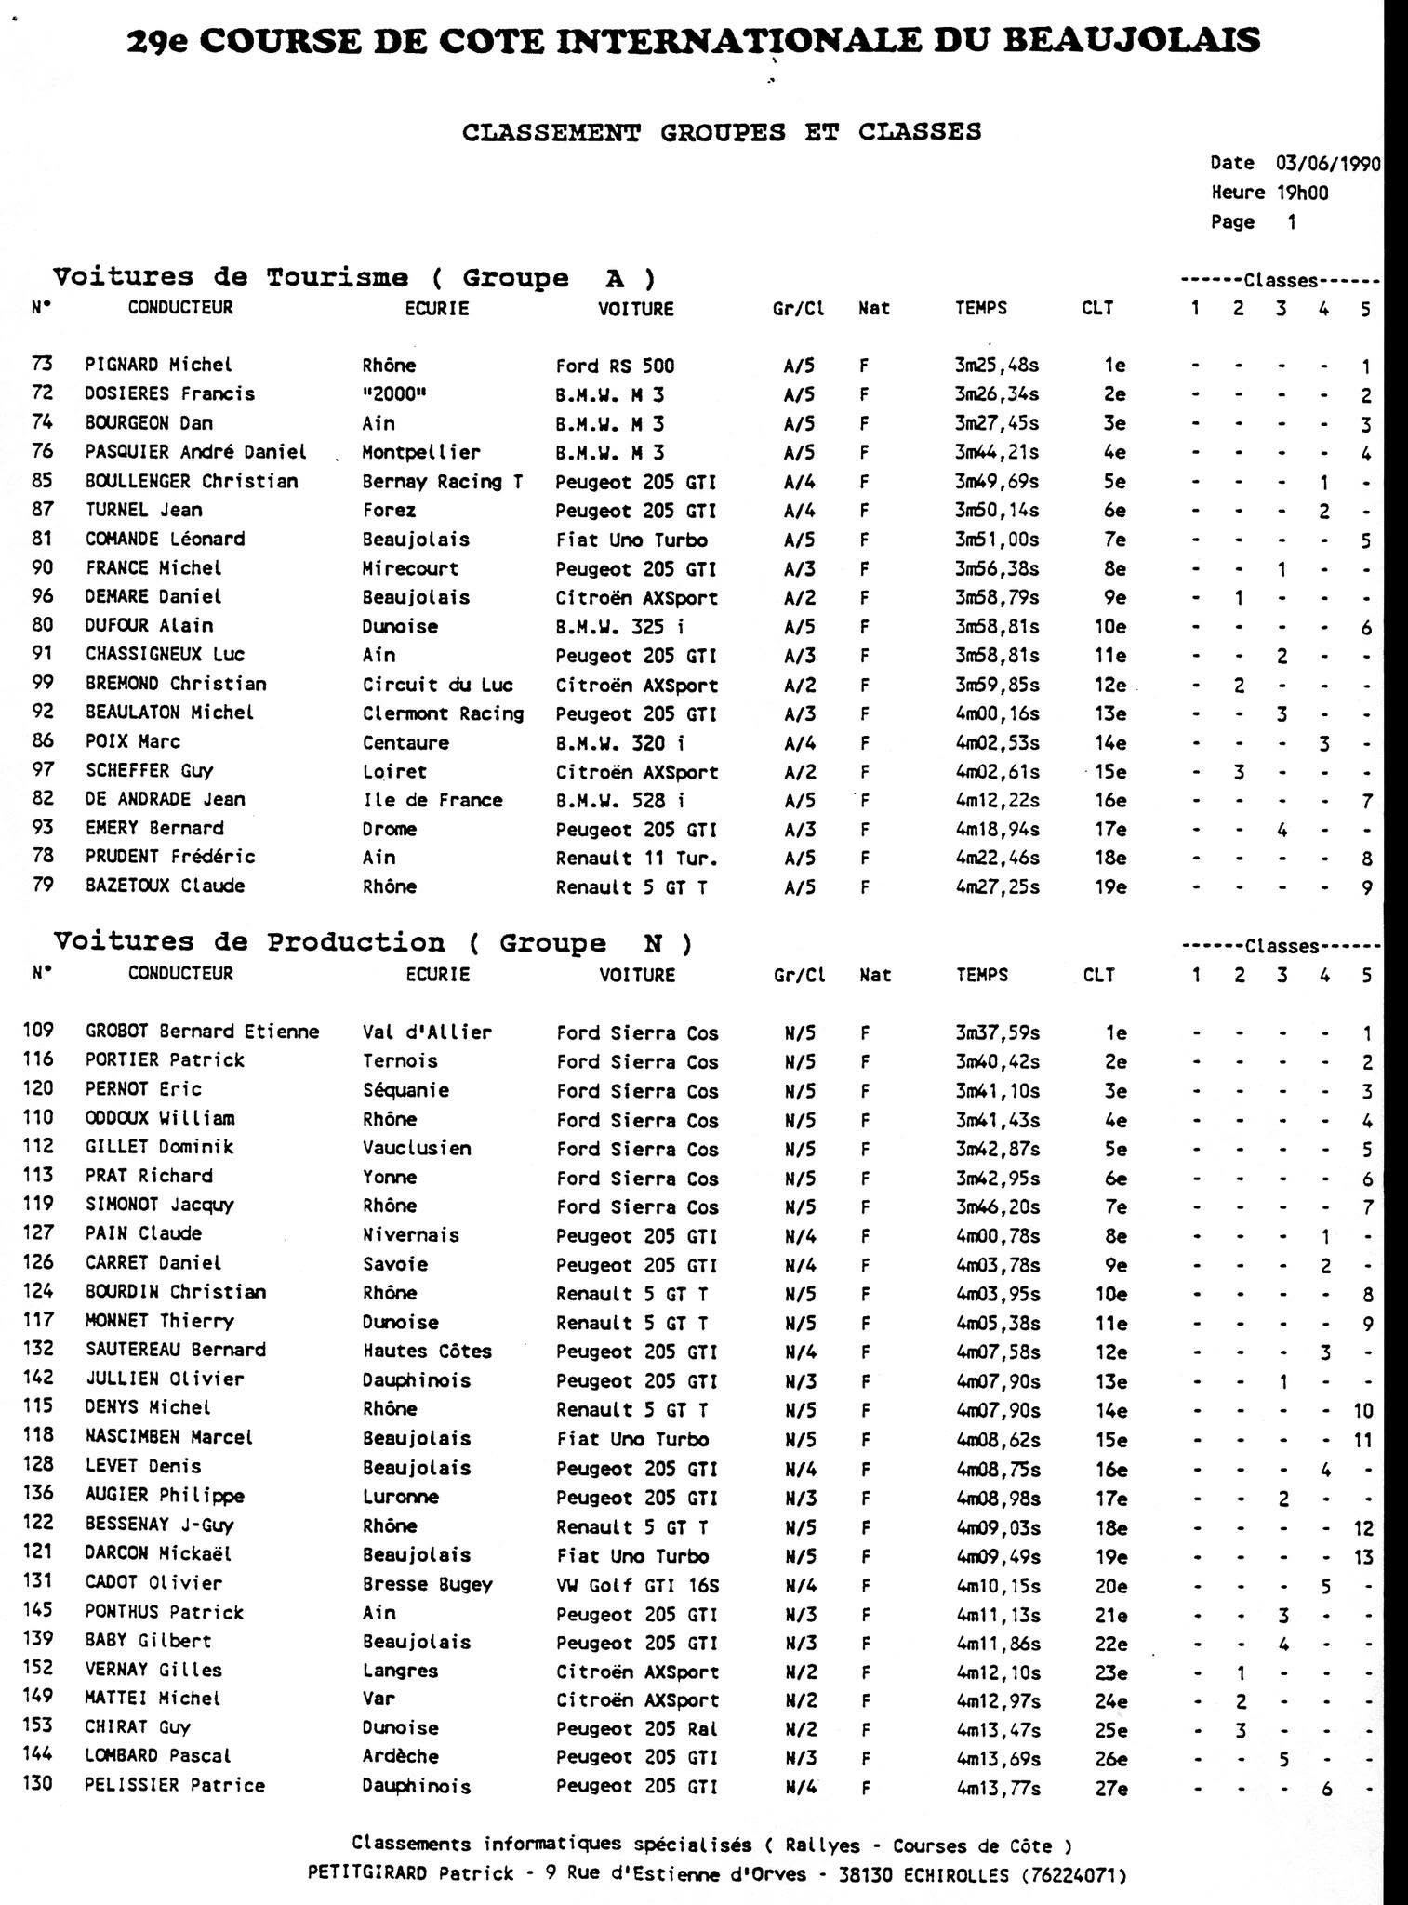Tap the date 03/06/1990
point(1327,164)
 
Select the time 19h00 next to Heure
point(1303,193)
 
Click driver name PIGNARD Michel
point(158,365)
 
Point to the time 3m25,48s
point(997,366)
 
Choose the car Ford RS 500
point(615,366)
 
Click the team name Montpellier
point(421,453)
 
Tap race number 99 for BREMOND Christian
point(43,684)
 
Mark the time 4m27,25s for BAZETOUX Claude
point(997,887)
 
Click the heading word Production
point(355,942)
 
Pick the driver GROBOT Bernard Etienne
point(202,1032)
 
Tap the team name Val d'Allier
point(427,1032)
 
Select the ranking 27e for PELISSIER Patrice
point(1110,1787)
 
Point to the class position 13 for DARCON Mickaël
point(1362,1556)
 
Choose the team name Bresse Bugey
point(427,1585)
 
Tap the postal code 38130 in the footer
point(864,1875)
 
